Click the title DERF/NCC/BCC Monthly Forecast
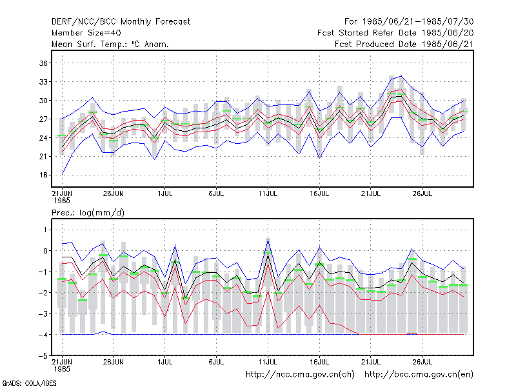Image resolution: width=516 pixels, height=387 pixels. point(121,22)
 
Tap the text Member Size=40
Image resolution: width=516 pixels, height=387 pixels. point(86,33)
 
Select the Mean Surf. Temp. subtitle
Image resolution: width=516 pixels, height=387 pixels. point(110,44)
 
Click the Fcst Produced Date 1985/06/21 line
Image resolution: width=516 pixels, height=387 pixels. point(404,44)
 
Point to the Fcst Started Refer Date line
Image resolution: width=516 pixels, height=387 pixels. point(395,33)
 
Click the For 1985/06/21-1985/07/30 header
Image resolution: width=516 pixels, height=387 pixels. point(409,22)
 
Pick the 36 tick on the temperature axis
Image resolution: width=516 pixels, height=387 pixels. point(43,63)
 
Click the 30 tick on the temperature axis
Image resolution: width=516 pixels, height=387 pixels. point(43,101)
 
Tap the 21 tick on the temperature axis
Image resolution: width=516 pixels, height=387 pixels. point(43,156)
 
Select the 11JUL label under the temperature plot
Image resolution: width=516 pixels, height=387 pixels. point(268,193)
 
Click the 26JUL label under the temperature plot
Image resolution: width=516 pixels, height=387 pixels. point(422,193)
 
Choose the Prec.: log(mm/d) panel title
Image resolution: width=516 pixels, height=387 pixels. point(88,213)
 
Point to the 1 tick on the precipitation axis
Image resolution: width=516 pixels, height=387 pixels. point(45,230)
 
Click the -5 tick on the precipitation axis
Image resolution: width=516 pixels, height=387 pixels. point(43,356)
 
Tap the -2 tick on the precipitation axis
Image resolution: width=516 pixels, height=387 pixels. point(43,293)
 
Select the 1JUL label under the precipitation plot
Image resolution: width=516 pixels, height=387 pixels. point(165,362)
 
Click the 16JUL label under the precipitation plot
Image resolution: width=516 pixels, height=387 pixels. point(319,362)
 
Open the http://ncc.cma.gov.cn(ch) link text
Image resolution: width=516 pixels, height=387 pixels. point(301,375)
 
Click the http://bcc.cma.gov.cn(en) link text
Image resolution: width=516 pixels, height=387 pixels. point(419,375)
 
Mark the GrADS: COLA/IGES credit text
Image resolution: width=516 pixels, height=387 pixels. point(29,383)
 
